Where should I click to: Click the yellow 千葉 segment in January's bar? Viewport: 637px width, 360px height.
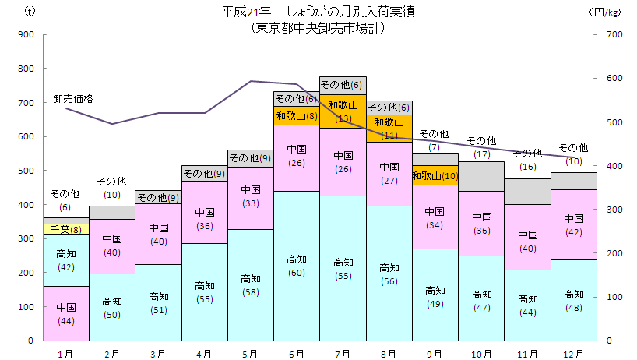[x=66, y=229]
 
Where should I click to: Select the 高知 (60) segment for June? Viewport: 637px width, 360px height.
[x=297, y=266]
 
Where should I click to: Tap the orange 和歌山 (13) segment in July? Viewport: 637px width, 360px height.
[x=343, y=111]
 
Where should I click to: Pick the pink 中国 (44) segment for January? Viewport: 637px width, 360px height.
[x=66, y=313]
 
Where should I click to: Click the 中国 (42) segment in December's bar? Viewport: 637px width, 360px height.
[x=574, y=224]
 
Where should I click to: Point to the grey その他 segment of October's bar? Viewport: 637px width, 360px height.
[x=481, y=177]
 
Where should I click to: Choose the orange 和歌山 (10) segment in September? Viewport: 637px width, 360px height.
[x=435, y=176]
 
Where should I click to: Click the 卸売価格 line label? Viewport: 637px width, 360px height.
[x=73, y=99]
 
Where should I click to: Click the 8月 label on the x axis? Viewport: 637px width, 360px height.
[x=389, y=354]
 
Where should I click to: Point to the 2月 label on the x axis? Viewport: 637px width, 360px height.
[x=112, y=354]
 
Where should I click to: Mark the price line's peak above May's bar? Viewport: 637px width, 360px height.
[x=251, y=81]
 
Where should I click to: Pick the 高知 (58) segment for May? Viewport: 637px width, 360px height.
[x=251, y=284]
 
